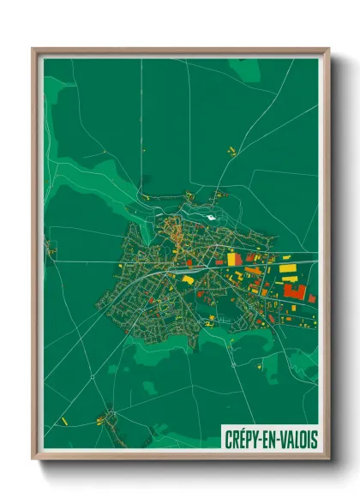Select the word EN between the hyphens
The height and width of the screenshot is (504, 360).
coord(267,439)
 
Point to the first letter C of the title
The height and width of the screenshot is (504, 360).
coord(227,439)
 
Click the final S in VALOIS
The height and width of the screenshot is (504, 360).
coord(314,439)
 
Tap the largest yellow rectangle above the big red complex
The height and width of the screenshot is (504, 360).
coord(289,269)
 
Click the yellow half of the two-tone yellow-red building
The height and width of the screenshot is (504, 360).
coord(231,259)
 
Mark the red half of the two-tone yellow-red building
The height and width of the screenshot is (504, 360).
coord(239,259)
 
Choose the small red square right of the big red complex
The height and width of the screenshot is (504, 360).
coord(312,298)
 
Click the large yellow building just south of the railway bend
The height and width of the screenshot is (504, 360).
coord(188,279)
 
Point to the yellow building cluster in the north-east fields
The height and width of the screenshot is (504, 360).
coord(231,151)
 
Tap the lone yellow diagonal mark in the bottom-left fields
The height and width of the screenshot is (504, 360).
coord(63,421)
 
